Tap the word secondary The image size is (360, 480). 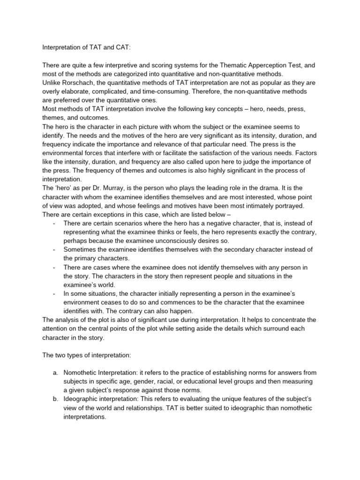212,249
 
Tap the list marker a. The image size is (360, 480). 55,372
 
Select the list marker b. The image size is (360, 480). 55,398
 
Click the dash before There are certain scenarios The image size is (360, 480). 55,223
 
